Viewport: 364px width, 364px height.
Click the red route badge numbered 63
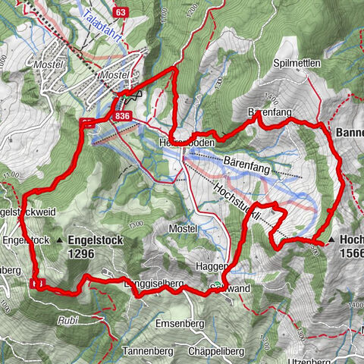pos(121,13)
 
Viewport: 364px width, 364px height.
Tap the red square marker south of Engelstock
pos(38,283)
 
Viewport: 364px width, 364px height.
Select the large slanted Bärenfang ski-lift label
pos(250,162)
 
